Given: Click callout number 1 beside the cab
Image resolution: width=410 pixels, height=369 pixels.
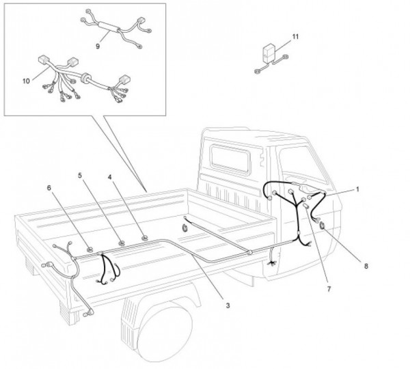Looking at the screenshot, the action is point(357,189).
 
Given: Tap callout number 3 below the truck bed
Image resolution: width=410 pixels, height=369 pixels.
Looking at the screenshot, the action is point(228,305).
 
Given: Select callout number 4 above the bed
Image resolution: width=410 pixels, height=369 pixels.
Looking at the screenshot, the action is point(110,177).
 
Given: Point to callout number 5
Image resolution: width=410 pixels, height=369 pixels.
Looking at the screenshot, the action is point(80,176).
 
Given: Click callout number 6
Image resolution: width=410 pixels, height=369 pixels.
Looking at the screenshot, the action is point(49,188).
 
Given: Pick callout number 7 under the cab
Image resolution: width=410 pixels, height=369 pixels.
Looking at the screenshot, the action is point(329,289).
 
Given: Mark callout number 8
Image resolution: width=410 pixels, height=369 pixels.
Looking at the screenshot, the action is point(366,266).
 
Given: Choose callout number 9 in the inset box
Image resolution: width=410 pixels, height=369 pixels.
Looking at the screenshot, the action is point(98,46).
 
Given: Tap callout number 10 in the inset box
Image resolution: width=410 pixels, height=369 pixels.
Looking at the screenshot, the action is point(26,81).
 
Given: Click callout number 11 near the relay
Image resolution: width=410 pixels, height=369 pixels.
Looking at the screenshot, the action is point(295,37).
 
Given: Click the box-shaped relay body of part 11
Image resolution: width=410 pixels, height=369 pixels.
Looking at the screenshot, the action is point(269,54).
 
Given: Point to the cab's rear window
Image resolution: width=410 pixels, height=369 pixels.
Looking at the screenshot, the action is point(230,159).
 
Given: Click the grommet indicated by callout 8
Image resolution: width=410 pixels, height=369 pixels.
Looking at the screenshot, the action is point(322,225).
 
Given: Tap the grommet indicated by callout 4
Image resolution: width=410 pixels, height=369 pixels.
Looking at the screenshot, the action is point(144,238).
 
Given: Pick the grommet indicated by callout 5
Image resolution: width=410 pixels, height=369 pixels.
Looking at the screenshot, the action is point(122,243).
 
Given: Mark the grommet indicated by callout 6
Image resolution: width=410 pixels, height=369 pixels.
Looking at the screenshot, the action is point(90,249).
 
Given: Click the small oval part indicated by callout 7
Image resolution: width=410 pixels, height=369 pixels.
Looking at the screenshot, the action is point(306,206).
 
